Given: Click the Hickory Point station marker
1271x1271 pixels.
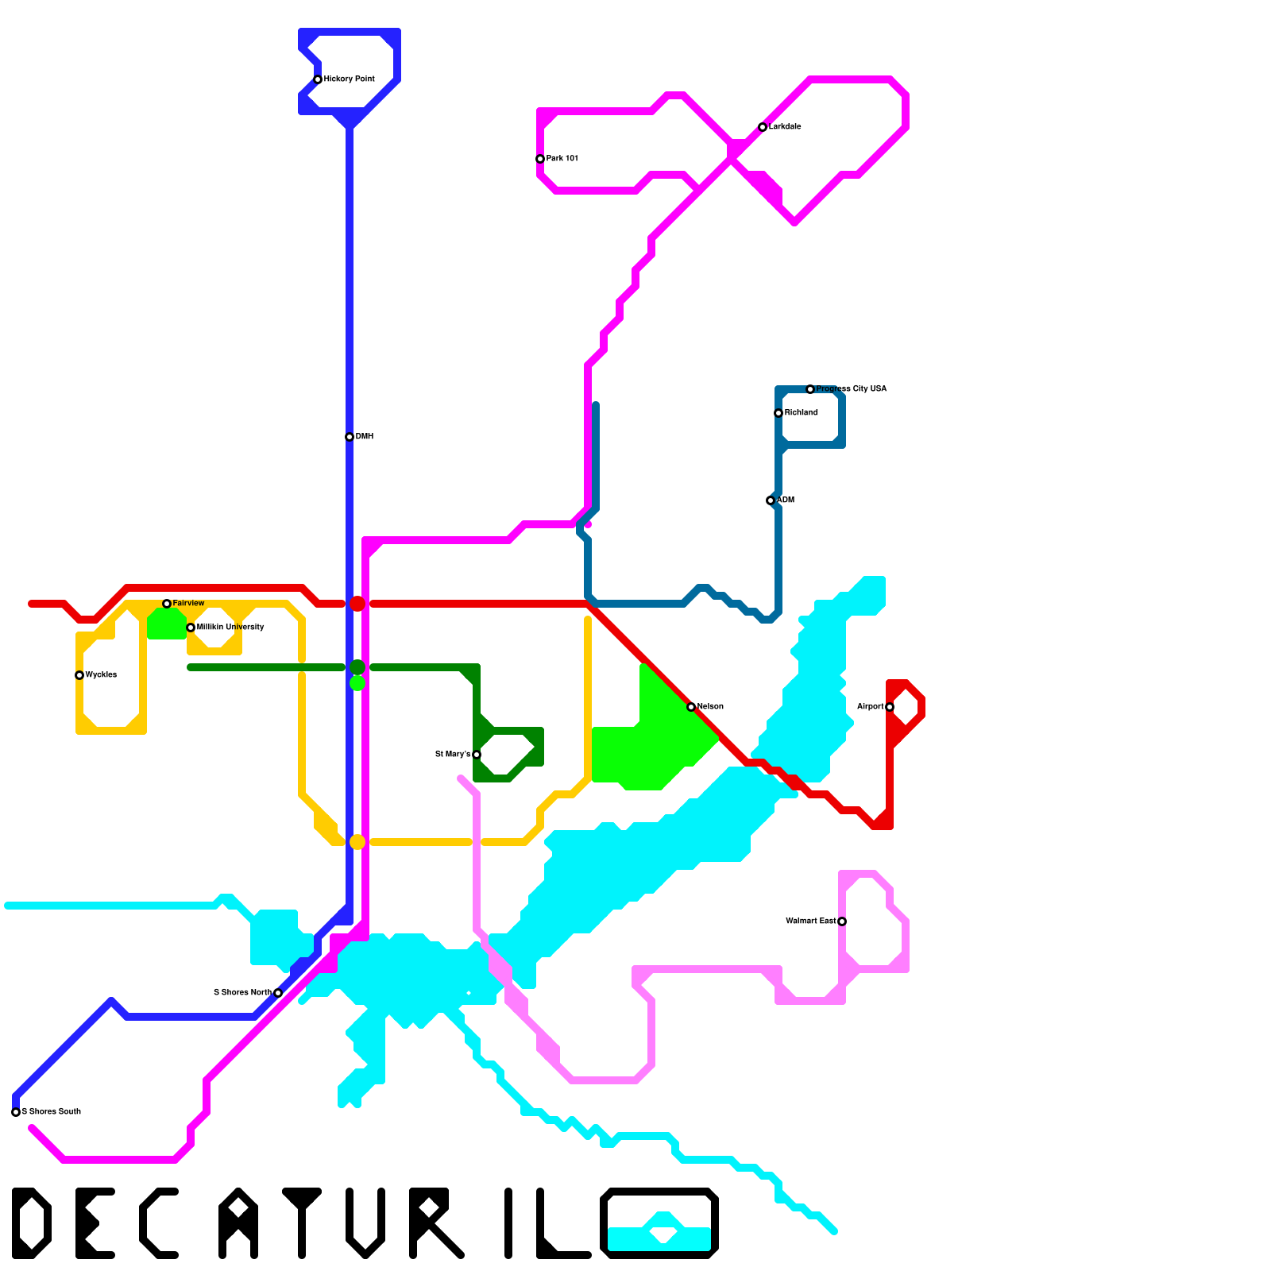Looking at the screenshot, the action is coord(318,79).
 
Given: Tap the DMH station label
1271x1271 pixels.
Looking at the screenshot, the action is coord(364,437).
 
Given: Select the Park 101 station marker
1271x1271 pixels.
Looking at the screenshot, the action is coord(540,159).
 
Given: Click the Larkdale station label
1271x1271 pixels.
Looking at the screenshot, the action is coord(785,127).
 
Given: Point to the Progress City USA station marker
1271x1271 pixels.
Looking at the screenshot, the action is coord(810,389).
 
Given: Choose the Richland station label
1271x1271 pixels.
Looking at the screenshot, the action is coord(801,413).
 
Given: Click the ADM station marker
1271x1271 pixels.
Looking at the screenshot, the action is coord(771,500).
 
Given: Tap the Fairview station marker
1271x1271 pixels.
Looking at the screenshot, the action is coord(167,604).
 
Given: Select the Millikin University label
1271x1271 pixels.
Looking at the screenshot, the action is coord(230,628).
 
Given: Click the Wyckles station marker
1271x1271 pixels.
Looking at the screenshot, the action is coord(79,675).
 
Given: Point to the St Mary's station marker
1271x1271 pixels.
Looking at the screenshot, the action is coord(477,755).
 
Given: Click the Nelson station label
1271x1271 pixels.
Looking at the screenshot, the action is coord(710,707).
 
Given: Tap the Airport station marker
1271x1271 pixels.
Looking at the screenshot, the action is coord(890,707).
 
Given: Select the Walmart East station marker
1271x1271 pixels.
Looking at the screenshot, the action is coord(842,921).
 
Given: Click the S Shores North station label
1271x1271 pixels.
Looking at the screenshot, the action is coord(242,993).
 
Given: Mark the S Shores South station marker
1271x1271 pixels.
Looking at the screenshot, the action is coord(16,1112).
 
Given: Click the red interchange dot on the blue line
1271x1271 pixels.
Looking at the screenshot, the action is coord(357,604).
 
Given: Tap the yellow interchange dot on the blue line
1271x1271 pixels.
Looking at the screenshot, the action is coord(357,842).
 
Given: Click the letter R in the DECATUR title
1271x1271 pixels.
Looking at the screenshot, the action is coord(433,1223).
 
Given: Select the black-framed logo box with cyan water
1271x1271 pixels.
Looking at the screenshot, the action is coord(659,1223).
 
